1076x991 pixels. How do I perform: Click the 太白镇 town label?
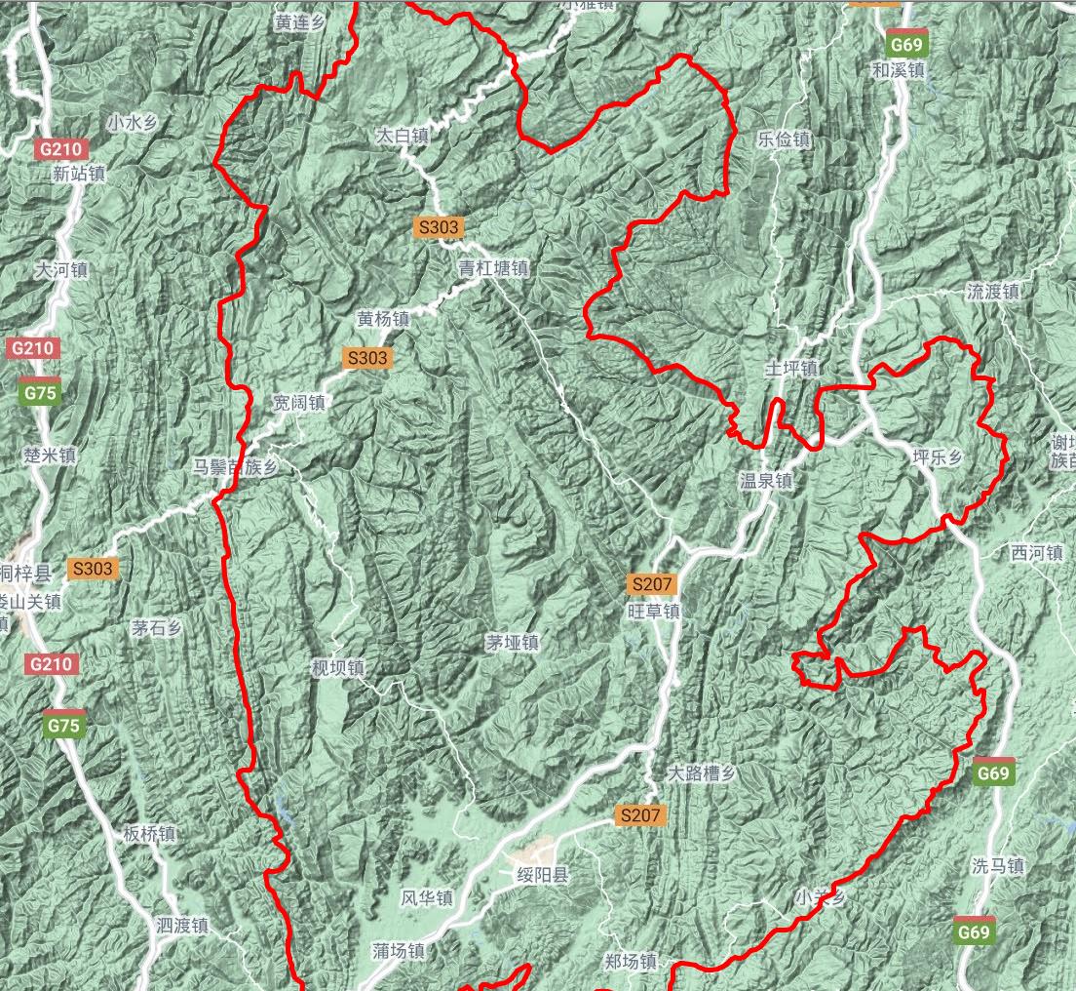click(403, 138)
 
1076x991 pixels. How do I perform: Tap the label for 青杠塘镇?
click(494, 268)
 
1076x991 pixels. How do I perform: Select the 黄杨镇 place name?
click(383, 319)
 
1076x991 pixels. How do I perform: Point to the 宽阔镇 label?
click(299, 402)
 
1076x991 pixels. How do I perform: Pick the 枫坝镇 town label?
click(337, 668)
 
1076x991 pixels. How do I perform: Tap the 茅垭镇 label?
click(513, 643)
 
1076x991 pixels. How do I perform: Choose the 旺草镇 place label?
click(653, 612)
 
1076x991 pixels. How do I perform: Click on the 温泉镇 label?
click(766, 481)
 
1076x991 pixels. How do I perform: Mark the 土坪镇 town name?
click(791, 369)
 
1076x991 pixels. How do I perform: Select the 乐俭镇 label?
click(785, 139)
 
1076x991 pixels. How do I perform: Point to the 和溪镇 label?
click(898, 70)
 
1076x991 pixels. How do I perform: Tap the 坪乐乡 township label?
click(938, 457)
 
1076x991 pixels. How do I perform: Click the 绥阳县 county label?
click(541, 875)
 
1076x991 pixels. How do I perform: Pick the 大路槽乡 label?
click(701, 773)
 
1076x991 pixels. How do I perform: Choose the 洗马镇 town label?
click(998, 865)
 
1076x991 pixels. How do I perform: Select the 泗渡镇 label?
click(182, 925)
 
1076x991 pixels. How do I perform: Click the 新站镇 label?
click(79, 175)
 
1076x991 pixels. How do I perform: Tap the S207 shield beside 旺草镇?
click(651, 585)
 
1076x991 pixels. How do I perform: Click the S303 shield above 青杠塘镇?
click(439, 227)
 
